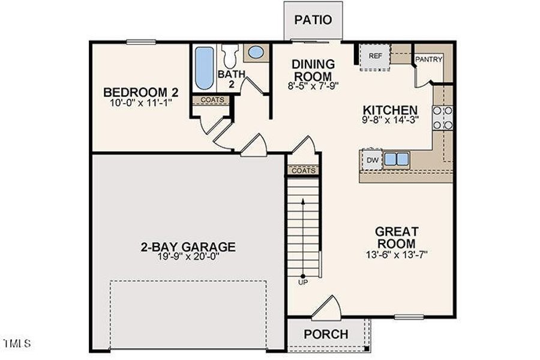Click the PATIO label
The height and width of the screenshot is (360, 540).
pos(313,20)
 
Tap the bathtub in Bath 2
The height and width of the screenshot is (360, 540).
pos(204,68)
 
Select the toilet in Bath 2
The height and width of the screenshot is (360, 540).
pos(230,56)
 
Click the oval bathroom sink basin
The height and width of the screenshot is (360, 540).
pos(256,52)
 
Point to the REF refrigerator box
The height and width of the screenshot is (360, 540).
pos(375,57)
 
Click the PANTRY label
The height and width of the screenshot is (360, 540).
pos(429,59)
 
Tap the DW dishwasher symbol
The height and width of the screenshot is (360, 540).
pos(372,160)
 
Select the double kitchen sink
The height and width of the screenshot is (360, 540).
pos(397,159)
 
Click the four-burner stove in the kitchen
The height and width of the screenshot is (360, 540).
pos(443,118)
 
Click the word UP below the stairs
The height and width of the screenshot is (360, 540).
pos(303,283)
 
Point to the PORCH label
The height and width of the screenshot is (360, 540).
pos(326,334)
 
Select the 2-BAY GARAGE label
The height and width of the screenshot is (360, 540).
pos(188,247)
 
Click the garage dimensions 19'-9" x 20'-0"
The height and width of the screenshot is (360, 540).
pos(188,257)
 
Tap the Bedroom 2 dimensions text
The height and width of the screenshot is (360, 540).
pos(141,103)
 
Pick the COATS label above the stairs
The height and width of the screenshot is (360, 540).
pos(304,170)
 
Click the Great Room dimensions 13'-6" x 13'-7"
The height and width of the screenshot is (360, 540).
pos(397,255)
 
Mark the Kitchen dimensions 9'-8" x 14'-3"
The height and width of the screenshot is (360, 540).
pos(390,120)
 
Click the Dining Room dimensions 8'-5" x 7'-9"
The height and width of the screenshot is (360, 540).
pos(313,86)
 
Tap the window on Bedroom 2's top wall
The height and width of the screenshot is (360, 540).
pos(141,42)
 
